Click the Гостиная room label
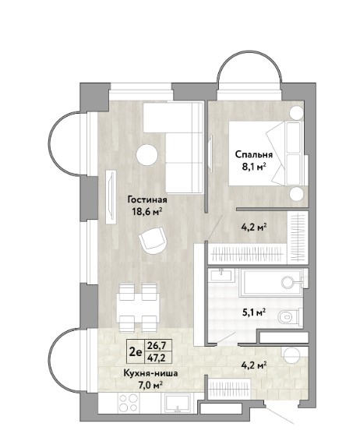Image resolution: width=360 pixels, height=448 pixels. (x=147, y=199)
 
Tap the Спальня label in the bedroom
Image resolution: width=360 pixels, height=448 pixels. (x=254, y=155)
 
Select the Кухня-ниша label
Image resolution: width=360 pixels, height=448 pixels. (x=150, y=373)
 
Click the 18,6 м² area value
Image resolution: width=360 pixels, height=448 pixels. (x=147, y=211)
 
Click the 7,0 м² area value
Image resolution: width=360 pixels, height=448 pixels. (x=150, y=386)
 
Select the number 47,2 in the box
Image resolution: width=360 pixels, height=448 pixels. (x=157, y=358)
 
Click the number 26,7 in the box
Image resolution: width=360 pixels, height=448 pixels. (x=157, y=347)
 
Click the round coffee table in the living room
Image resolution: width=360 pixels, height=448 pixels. (x=146, y=155)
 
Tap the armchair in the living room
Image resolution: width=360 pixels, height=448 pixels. (x=152, y=241)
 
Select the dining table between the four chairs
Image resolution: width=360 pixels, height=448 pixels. (x=138, y=308)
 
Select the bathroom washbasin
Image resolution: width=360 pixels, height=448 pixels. (x=221, y=276)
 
